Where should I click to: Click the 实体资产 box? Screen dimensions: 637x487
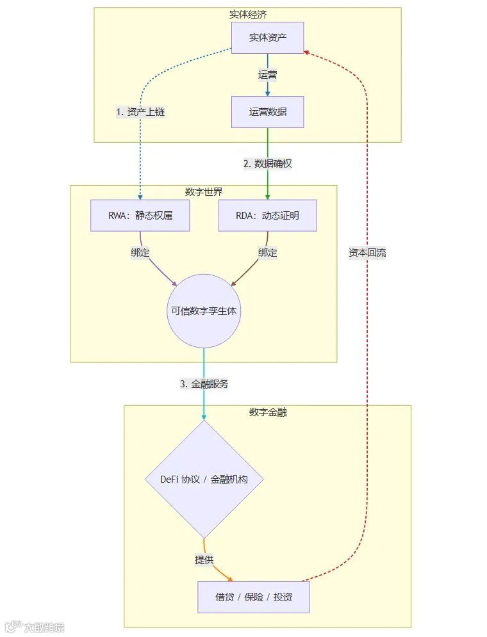tap(267, 38)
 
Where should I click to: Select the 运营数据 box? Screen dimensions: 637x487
tap(267, 112)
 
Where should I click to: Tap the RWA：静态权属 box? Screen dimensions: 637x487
tap(140, 216)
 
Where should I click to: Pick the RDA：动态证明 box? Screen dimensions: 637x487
tap(267, 216)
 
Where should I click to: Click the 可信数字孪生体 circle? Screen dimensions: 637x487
tap(204, 311)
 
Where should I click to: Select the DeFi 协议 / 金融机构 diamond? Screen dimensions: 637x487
tap(204, 479)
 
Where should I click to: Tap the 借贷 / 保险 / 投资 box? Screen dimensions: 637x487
tap(254, 597)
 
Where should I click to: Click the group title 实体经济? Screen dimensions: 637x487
tap(248, 14)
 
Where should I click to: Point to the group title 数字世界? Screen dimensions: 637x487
tap(203, 192)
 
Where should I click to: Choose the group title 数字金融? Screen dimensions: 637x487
tap(267, 412)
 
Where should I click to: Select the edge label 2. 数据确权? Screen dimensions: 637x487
tap(267, 163)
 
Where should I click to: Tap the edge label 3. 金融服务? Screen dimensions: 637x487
tap(204, 384)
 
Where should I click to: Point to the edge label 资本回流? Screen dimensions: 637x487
tap(367, 252)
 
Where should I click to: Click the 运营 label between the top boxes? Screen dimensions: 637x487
tap(267, 74)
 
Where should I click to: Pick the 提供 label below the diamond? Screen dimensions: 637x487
tap(204, 560)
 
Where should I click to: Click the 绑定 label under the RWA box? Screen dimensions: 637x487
tap(140, 252)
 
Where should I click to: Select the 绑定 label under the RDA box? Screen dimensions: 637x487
tap(267, 252)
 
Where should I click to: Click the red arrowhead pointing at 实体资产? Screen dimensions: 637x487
tap(307, 52)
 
